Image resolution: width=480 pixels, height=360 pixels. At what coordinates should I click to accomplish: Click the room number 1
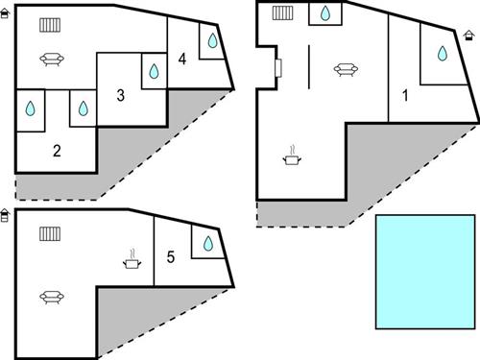(x=405, y=95)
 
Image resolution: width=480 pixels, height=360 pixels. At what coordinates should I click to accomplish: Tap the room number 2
(x=57, y=150)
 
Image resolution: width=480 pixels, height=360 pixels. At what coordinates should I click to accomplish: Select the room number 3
(x=120, y=95)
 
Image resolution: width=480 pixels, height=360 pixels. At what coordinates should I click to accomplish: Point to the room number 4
(x=181, y=60)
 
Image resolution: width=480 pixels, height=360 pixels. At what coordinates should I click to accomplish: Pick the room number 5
(x=171, y=256)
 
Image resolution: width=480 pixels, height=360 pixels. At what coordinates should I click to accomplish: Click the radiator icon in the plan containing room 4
(x=51, y=25)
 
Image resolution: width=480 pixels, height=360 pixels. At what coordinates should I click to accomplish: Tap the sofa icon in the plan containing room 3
(x=51, y=60)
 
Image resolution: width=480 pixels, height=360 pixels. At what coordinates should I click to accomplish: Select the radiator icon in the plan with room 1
(x=282, y=13)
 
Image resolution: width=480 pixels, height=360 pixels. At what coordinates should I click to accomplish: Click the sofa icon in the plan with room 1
(x=345, y=67)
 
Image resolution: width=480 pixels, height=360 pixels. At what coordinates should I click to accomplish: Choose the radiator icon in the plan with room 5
(x=51, y=233)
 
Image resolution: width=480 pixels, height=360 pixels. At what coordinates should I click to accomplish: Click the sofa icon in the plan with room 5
(x=51, y=297)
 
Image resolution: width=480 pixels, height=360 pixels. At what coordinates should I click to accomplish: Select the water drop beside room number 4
(x=212, y=42)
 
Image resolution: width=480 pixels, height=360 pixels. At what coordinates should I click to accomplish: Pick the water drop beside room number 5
(x=204, y=244)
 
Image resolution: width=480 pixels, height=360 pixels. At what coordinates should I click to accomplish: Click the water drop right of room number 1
(x=443, y=54)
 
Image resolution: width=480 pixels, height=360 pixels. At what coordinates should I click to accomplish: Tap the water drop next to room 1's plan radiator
(x=325, y=13)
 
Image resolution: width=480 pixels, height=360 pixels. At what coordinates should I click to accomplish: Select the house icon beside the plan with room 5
(x=7, y=215)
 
